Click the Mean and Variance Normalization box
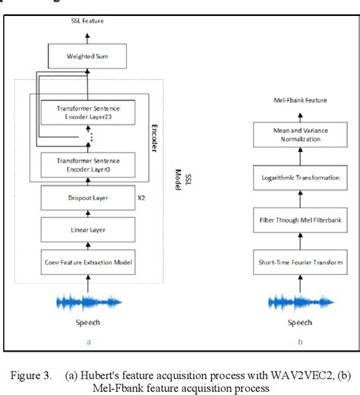298,135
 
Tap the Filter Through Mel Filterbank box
298,220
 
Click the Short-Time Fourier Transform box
298,263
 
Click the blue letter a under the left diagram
88,343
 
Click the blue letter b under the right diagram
299,343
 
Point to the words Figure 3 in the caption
34,375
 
